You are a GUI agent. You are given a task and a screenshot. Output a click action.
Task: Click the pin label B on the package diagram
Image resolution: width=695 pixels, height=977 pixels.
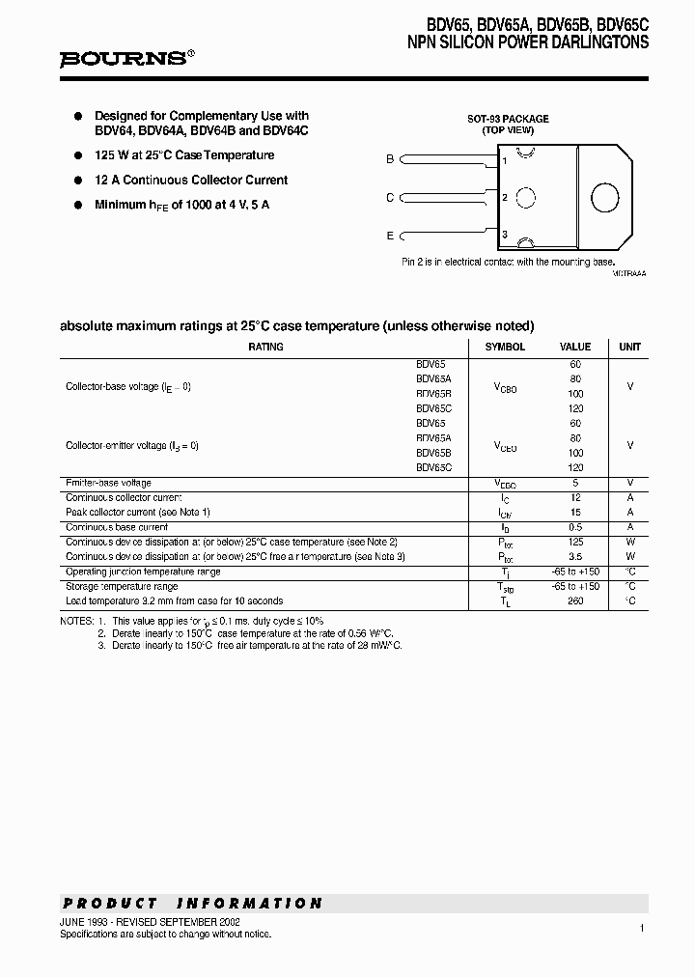(390, 159)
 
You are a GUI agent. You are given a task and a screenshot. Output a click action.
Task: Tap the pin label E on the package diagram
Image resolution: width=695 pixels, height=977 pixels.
(390, 236)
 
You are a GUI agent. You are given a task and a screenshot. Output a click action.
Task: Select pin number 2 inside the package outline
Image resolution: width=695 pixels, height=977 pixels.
(505, 198)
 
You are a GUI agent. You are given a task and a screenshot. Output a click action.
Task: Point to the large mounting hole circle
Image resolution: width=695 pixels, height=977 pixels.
(605, 197)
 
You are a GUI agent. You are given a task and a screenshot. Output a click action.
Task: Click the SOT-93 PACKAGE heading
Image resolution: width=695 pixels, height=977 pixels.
(508, 119)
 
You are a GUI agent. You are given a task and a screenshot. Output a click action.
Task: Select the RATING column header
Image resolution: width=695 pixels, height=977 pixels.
(265, 347)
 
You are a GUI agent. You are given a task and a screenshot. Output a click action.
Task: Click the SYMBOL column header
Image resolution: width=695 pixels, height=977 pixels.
(505, 347)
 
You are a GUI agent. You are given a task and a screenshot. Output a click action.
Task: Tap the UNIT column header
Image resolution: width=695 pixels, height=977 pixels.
(629, 347)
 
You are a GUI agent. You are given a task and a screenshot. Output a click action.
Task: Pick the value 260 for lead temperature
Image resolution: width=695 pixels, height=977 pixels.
(575, 600)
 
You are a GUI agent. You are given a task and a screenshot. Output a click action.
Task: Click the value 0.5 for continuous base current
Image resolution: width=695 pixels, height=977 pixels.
(575, 527)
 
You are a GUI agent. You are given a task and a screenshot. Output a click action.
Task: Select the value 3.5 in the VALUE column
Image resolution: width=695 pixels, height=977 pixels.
(575, 557)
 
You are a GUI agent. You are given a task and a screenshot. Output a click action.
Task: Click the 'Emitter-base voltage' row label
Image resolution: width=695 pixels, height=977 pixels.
(108, 483)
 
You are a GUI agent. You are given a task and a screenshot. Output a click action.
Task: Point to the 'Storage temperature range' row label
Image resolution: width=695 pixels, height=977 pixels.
(122, 586)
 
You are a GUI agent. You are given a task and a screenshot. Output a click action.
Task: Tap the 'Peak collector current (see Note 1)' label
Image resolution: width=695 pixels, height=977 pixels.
(137, 512)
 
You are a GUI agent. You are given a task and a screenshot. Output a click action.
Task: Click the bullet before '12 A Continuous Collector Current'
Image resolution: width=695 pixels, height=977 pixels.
(79, 181)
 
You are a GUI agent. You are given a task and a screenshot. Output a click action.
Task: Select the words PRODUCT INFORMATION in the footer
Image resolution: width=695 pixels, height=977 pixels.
(192, 904)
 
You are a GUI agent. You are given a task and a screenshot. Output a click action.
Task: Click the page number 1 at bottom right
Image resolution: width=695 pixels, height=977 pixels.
(641, 928)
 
